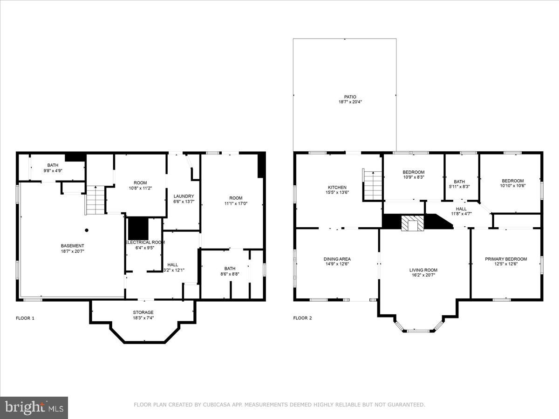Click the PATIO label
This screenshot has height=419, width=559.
[344, 97]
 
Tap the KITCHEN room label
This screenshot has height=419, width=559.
[336, 188]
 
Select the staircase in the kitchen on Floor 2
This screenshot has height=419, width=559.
[373, 185]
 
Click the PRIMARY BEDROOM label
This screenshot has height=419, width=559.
[506, 259]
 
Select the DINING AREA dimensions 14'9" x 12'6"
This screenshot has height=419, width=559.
[337, 264]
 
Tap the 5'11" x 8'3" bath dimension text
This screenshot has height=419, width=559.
[459, 186]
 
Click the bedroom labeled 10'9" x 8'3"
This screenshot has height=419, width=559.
[413, 175]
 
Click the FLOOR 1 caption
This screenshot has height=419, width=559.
[25, 318]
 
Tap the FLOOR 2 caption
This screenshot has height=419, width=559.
[303, 318]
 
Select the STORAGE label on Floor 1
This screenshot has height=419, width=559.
[143, 312]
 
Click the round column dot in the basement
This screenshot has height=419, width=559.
[87, 230]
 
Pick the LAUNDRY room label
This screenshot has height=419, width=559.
[183, 196]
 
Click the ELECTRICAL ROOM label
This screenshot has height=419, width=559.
[144, 242]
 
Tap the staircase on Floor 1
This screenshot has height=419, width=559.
[95, 200]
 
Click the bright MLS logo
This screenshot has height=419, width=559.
[34, 408]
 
